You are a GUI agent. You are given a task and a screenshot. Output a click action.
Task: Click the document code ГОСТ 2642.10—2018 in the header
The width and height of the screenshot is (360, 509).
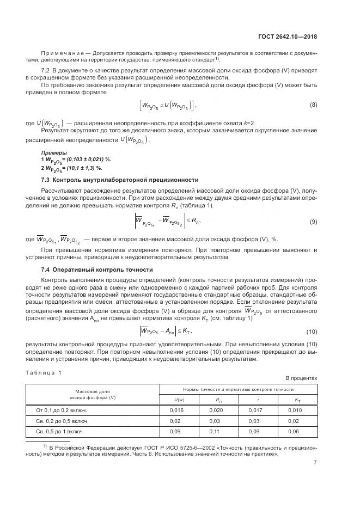[288, 36]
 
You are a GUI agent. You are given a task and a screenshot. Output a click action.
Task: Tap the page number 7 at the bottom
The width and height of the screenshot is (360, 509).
[315, 463]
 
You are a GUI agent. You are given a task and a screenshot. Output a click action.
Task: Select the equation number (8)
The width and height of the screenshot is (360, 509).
[313, 105]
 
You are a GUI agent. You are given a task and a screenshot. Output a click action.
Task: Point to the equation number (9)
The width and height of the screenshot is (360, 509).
[313, 222]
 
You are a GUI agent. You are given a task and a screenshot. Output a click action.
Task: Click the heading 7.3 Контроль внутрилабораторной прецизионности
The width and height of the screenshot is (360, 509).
[120, 180]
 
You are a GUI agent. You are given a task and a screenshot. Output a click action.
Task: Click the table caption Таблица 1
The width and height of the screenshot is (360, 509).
[44, 372]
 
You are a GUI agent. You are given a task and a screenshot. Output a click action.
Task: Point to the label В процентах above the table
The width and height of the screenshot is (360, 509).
[301, 378]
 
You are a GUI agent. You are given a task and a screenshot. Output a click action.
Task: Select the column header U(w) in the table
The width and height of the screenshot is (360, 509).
[179, 400]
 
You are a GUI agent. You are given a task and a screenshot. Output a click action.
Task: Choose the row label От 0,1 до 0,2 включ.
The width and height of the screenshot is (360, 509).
[61, 410]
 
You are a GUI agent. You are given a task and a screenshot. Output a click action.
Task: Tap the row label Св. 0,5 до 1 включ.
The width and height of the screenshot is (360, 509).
[60, 431]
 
